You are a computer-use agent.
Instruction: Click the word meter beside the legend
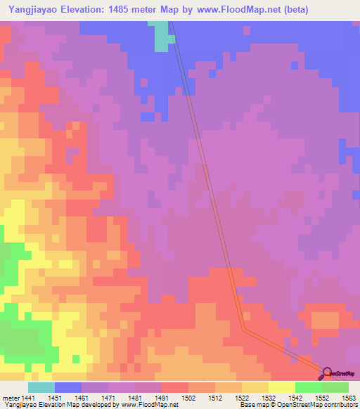coord(10,398)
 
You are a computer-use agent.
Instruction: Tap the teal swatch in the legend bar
coord(41,387)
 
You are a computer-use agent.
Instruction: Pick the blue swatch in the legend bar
coord(68,387)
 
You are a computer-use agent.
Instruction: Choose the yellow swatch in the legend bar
coord(282,387)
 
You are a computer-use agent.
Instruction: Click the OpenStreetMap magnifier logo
coord(327,372)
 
